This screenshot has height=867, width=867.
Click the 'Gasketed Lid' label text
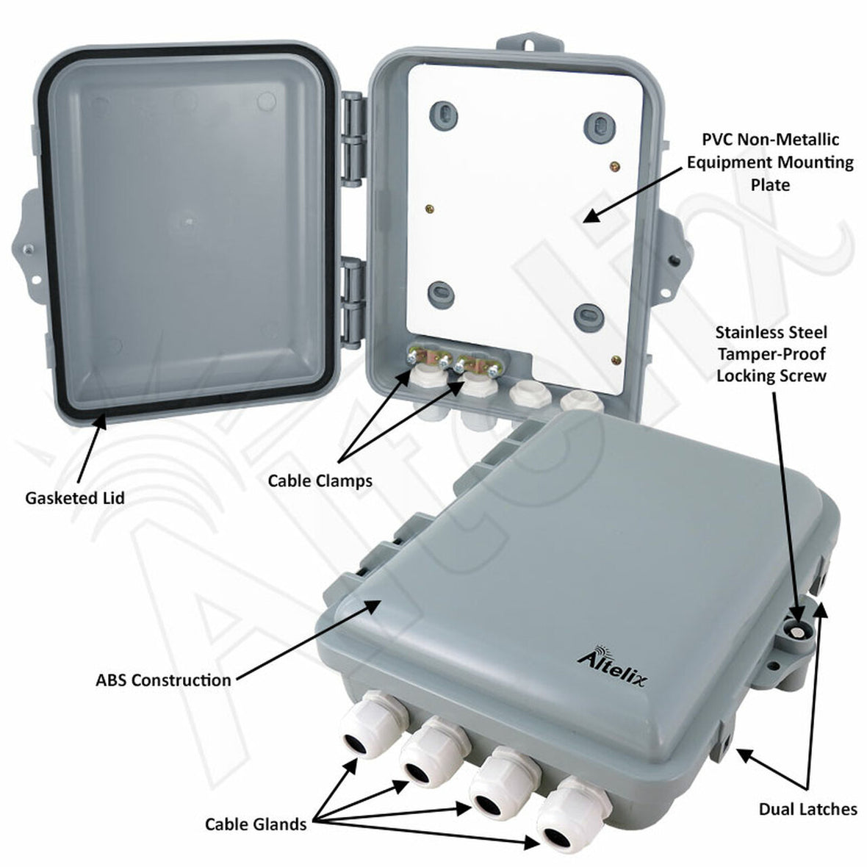coord(75,497)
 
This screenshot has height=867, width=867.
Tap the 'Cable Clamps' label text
coord(320,481)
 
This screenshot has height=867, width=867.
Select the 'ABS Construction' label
coord(163,680)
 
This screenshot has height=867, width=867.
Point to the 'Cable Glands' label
coord(256,824)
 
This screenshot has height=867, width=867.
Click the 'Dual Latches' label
coord(807,809)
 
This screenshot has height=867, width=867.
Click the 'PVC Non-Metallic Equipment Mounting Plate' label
coord(770,162)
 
